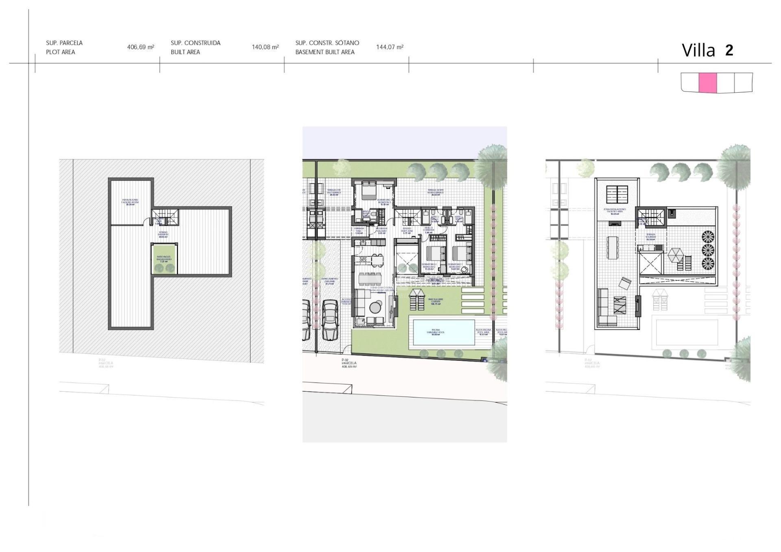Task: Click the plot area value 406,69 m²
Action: (x=140, y=47)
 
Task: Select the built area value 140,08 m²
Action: (x=265, y=47)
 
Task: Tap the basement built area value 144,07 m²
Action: (x=390, y=47)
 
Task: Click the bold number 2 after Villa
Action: (x=729, y=50)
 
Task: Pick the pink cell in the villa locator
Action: (x=707, y=83)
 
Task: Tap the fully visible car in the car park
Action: (x=330, y=320)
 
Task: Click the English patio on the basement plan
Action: (x=164, y=260)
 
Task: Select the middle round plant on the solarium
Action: (x=708, y=250)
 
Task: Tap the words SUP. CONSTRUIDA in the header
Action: (x=196, y=43)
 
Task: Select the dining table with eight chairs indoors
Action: (x=370, y=279)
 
